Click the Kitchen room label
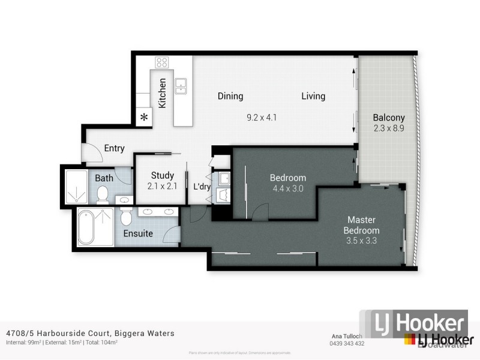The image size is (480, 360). [162, 93]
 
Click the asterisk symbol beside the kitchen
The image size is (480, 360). [144, 118]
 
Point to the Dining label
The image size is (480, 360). [230, 96]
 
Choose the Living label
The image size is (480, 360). [313, 96]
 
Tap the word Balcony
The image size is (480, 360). [388, 118]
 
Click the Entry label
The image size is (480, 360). [114, 149]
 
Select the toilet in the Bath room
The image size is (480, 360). [103, 194]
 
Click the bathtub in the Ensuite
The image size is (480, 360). [86, 227]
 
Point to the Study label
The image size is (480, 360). [162, 176]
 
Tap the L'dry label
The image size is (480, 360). [201, 187]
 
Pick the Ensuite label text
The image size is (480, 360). [138, 233]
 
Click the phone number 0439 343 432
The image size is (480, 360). [347, 344]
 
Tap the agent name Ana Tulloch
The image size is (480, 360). [347, 337]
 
